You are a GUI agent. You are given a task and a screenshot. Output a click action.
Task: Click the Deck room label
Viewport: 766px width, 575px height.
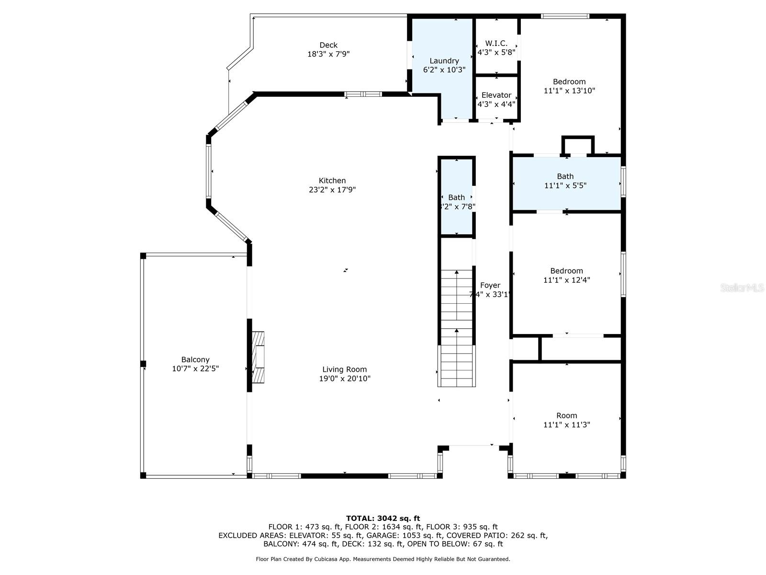pyautogui.click(x=328, y=45)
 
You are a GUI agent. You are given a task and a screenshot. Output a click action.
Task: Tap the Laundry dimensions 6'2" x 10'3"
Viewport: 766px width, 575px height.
pyautogui.click(x=444, y=70)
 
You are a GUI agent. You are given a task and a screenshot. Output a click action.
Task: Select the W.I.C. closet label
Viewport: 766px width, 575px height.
pyautogui.click(x=496, y=43)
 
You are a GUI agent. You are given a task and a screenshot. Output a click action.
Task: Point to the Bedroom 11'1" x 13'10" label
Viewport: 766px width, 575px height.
pyautogui.click(x=569, y=82)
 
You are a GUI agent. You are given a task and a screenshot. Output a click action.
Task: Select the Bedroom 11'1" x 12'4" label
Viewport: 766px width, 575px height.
pyautogui.click(x=566, y=271)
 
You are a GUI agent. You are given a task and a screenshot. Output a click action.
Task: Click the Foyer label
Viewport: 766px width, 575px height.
pyautogui.click(x=490, y=286)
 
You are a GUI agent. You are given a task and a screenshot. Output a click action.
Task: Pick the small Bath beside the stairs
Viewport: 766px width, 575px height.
pyautogui.click(x=456, y=197)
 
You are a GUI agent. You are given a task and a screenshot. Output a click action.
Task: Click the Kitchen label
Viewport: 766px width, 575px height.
pyautogui.click(x=332, y=181)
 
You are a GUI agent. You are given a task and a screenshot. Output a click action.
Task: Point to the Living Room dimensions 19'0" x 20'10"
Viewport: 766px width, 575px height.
pyautogui.click(x=345, y=379)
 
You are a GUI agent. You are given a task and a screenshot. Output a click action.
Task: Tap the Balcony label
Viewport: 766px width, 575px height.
pyautogui.click(x=195, y=360)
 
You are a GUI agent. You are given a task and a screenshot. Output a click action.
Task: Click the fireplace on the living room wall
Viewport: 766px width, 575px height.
pyautogui.click(x=259, y=356)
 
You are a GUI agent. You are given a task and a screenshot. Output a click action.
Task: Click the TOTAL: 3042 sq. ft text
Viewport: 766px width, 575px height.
pyautogui.click(x=383, y=518)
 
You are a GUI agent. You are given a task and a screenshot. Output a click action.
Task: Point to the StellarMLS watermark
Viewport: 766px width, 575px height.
pyautogui.click(x=742, y=288)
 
